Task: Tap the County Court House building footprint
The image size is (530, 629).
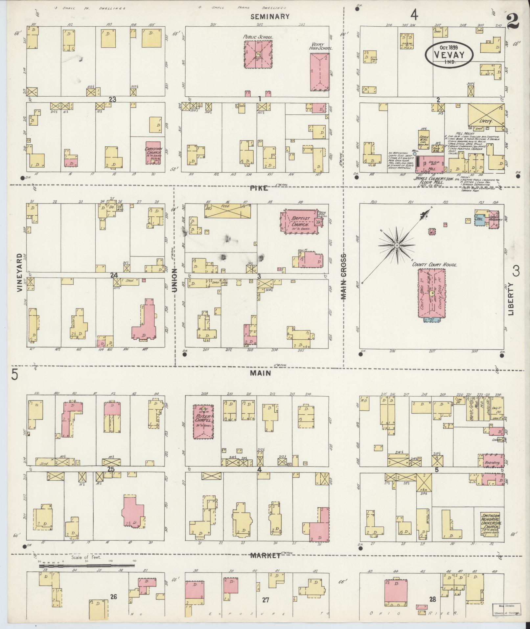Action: point(431,293)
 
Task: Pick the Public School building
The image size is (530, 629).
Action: point(259,54)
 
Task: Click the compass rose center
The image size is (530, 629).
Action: point(397,245)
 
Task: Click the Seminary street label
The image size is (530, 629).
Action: point(270,17)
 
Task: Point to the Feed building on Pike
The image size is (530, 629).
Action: point(227,210)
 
